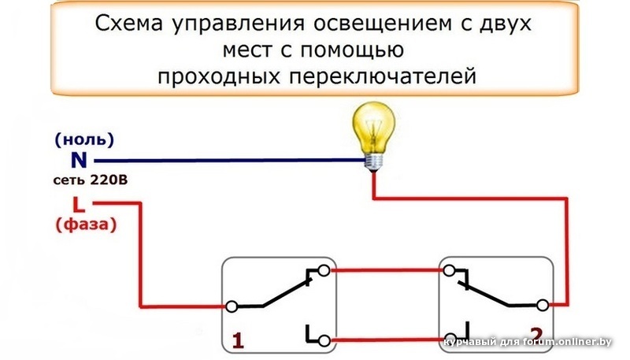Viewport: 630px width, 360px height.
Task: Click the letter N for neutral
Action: click(x=79, y=160)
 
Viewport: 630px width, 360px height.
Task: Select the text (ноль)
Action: click(x=85, y=140)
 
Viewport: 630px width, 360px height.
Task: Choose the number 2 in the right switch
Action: click(x=536, y=334)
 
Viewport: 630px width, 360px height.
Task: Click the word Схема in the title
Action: click(x=129, y=24)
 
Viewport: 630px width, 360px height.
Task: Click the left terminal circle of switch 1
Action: click(x=232, y=305)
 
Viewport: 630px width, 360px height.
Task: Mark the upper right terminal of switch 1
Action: click(x=324, y=271)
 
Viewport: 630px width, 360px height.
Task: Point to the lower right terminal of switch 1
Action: click(x=324, y=340)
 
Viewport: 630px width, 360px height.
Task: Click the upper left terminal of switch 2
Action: click(x=449, y=271)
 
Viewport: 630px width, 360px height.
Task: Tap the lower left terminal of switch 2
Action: click(x=449, y=338)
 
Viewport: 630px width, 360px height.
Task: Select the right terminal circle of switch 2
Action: click(x=543, y=304)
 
